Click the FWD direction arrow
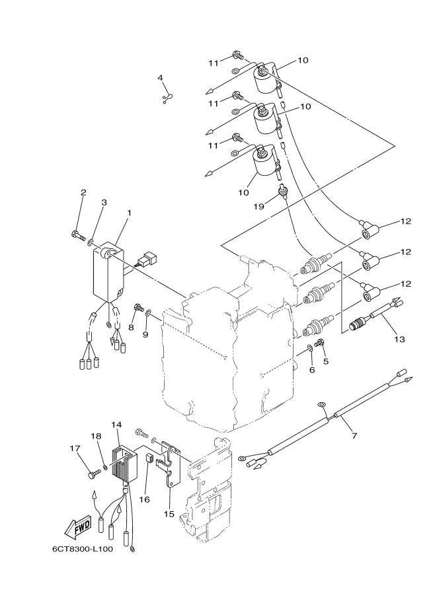pos(78,527)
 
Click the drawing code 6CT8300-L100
pos(83,549)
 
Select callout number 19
pos(258,207)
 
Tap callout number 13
pos(400,339)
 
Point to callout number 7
pos(354,435)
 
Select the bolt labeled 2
pos(78,234)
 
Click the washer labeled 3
pos(91,242)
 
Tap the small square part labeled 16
pos(151,458)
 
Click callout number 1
pos(130,212)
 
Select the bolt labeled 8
pos(138,307)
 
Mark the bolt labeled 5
pos(319,342)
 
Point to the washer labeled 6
pos(309,349)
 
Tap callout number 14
pos(116,424)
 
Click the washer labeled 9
pos(148,315)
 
